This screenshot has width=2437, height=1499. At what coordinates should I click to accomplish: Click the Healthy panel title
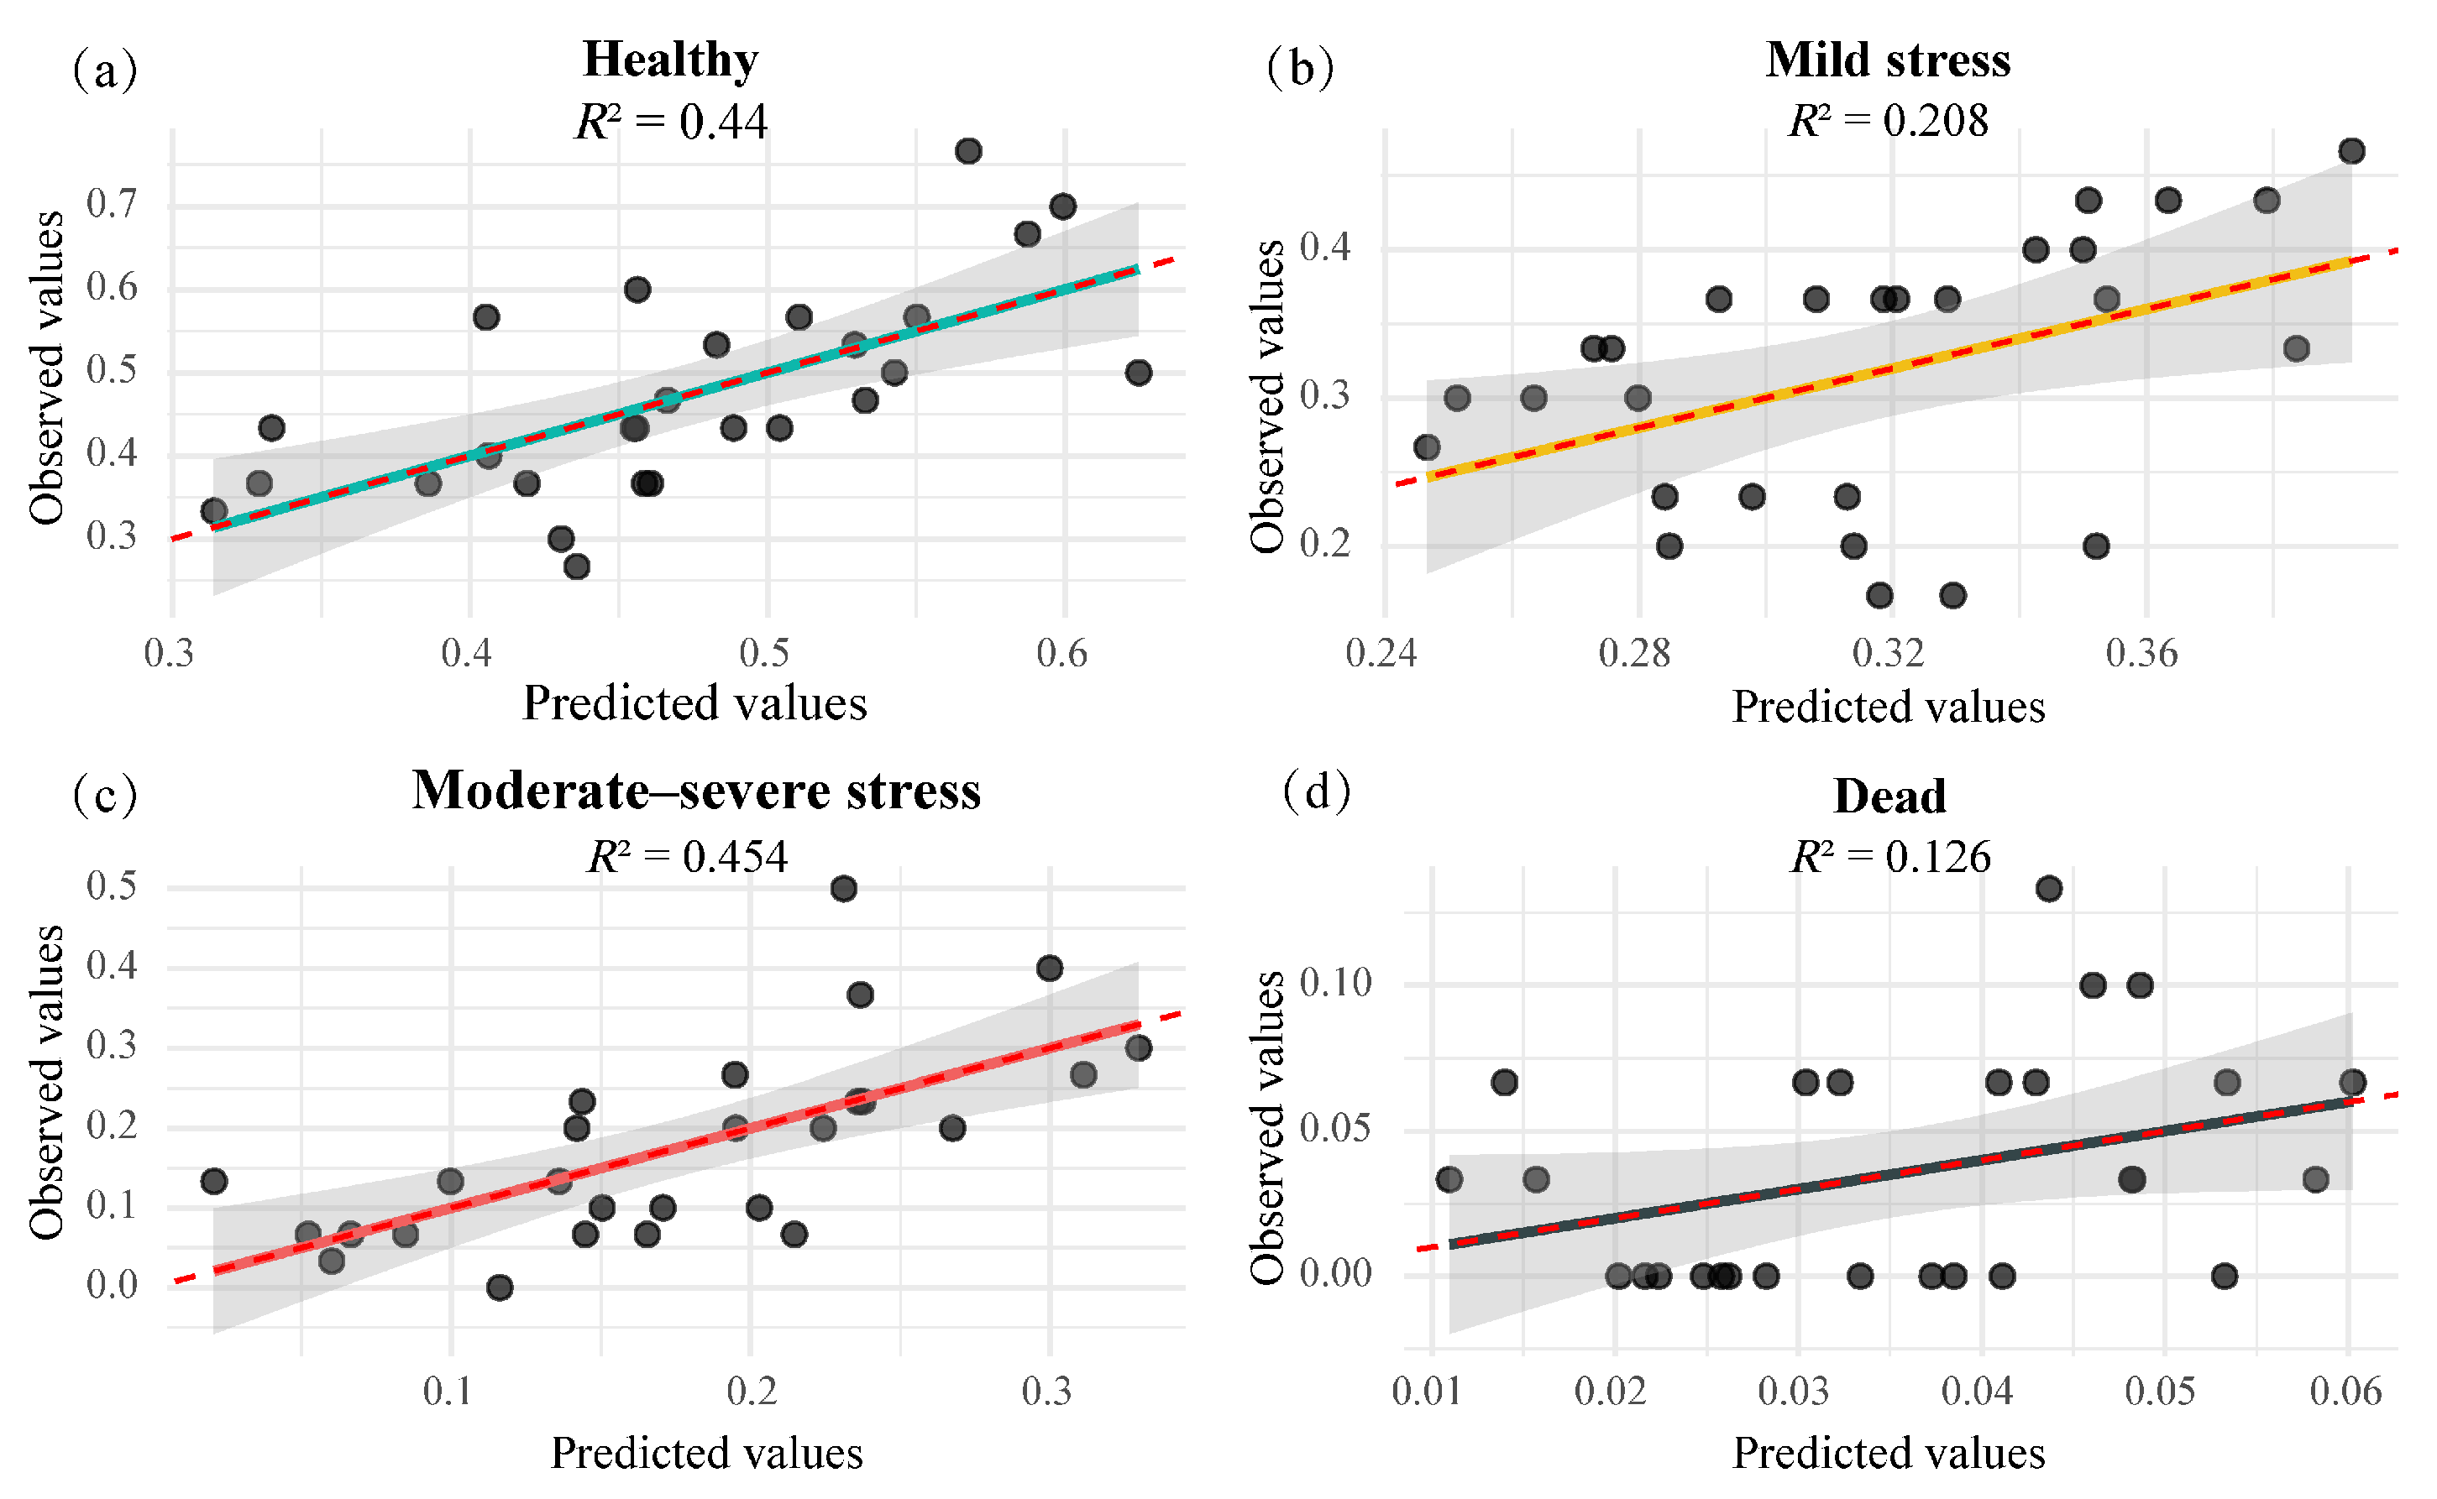[670, 60]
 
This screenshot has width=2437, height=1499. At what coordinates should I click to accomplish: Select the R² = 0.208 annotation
[1888, 121]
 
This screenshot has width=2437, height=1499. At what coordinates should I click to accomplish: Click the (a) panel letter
[104, 70]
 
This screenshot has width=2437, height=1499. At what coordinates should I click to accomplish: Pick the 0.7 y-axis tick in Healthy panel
[111, 204]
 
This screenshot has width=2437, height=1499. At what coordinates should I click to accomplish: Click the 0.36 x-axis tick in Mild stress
[2142, 653]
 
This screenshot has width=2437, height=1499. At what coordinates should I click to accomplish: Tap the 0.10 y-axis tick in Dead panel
[1335, 984]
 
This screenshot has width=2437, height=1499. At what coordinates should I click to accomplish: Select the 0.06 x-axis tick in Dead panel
[2345, 1391]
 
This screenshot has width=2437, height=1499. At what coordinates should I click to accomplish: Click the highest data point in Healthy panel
[968, 151]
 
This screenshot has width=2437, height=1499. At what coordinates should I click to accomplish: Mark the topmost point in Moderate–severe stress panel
[843, 888]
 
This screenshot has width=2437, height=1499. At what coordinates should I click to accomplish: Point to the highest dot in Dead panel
[2049, 888]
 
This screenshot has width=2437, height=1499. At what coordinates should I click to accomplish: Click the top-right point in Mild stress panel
[2351, 151]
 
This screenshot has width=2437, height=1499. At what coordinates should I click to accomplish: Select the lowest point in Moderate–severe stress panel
[499, 1287]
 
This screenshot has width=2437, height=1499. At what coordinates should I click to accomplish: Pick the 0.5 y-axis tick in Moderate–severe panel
[111, 885]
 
